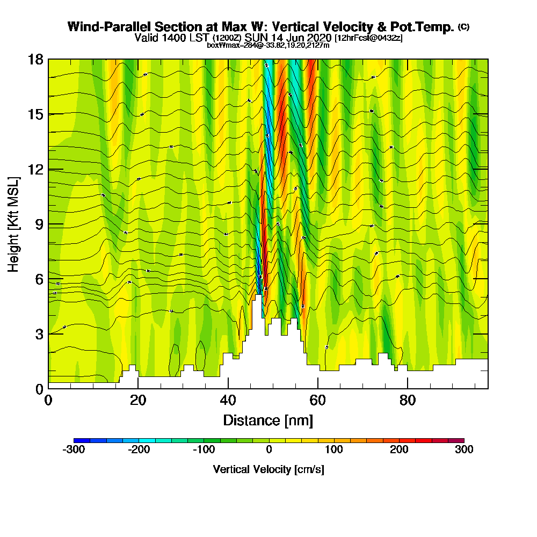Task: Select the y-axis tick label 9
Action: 39,224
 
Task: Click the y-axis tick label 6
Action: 39,279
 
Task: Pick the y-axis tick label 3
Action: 39,334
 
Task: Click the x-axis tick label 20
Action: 138,400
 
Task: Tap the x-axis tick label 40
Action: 228,400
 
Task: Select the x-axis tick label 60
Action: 318,400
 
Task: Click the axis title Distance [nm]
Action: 268,420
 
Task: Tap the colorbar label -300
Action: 74,450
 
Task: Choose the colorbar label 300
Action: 464,450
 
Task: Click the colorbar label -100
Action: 204,450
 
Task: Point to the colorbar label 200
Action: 399,450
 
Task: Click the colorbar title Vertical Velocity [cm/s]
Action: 268,469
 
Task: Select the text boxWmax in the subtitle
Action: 220,45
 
